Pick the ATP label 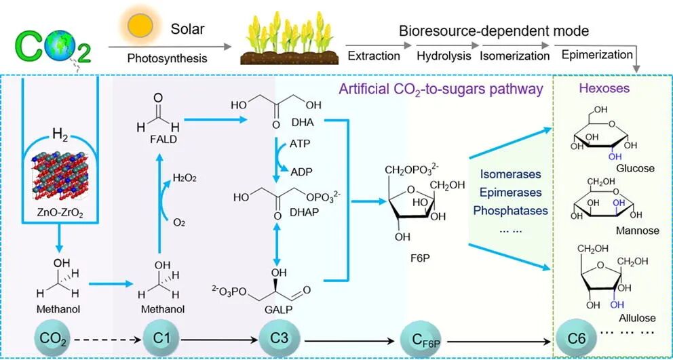301,145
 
